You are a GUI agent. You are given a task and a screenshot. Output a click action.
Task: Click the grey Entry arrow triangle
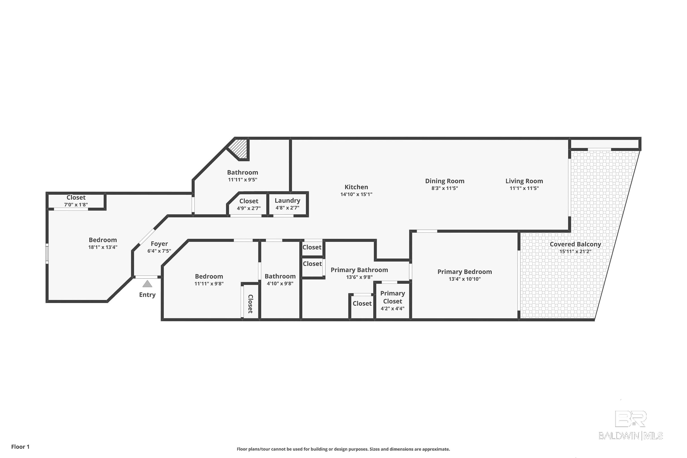147,284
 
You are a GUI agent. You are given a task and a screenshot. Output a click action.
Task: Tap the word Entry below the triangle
147,295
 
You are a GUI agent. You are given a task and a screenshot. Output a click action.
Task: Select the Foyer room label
159,244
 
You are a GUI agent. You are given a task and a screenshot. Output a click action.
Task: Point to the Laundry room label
287,201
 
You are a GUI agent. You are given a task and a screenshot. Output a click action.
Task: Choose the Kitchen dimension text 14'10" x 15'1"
356,195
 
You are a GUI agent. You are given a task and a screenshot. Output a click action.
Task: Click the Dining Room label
445,181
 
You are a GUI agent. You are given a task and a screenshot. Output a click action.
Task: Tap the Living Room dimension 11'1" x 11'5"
524,188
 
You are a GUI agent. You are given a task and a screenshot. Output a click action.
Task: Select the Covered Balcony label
575,244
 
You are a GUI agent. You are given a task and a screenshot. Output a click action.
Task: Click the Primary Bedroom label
464,272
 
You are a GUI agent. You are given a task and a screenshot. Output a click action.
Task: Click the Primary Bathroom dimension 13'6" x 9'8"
359,278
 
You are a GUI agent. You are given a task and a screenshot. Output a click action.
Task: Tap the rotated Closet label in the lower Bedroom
250,304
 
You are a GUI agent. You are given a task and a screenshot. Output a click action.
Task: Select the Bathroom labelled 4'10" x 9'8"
280,280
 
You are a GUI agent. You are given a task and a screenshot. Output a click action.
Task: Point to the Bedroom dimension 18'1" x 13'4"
103,247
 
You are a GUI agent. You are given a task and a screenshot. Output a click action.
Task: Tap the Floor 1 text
20,447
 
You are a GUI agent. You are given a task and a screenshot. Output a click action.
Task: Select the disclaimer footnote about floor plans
343,449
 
